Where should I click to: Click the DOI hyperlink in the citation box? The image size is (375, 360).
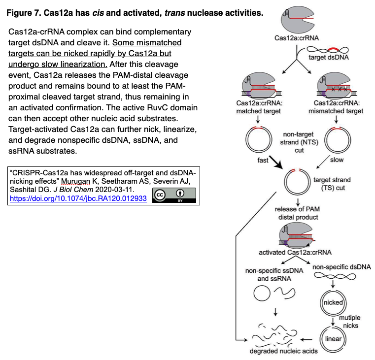[78, 198]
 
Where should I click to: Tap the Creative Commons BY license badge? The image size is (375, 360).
[174, 196]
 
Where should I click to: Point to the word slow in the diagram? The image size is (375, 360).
[337, 160]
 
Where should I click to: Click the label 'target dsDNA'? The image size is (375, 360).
[329, 57]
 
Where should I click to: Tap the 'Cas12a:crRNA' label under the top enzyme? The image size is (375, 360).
[297, 38]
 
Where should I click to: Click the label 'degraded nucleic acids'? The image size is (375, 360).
[284, 351]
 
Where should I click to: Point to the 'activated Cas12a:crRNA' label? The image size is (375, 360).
[295, 253]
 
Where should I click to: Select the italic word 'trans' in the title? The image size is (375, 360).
[174, 13]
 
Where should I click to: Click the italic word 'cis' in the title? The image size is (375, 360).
[98, 13]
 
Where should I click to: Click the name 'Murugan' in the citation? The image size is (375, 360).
[75, 181]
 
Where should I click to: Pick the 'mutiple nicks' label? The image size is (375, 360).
[350, 322]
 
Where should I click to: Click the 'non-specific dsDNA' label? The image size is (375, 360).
[342, 267]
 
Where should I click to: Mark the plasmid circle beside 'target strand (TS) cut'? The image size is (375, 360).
[285, 182]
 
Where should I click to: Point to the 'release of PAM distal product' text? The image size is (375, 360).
[297, 213]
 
